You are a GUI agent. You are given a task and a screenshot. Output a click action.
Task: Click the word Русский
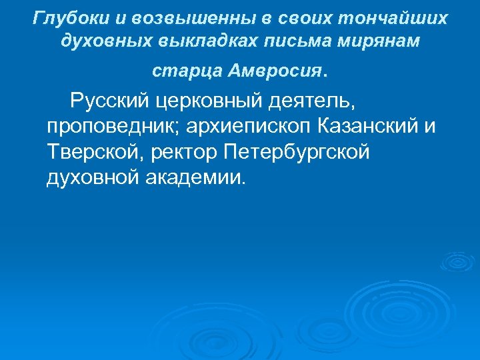pyautogui.click(x=113, y=102)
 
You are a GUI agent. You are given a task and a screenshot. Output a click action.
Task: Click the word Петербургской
pyautogui.click(x=297, y=153)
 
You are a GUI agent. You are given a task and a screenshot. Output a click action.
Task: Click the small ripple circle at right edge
pyautogui.click(x=459, y=261)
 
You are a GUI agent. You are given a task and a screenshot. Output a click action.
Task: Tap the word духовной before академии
pyautogui.click(x=93, y=178)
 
